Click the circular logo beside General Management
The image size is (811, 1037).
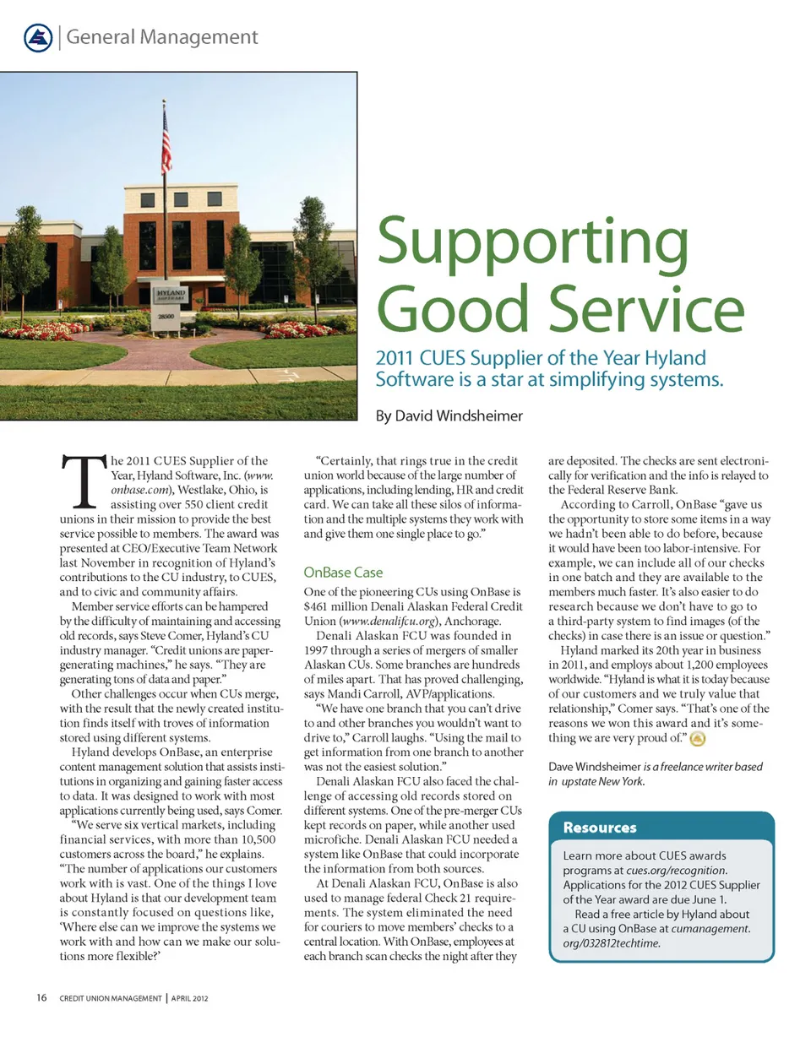pos(38,37)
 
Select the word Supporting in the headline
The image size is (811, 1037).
pos(532,241)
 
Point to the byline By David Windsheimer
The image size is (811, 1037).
pos(449,415)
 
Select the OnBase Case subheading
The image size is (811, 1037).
pos(342,573)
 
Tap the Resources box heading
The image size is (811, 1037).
pos(600,828)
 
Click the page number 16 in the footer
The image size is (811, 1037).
pos(41,998)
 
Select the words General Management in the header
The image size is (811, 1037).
pos(161,37)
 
